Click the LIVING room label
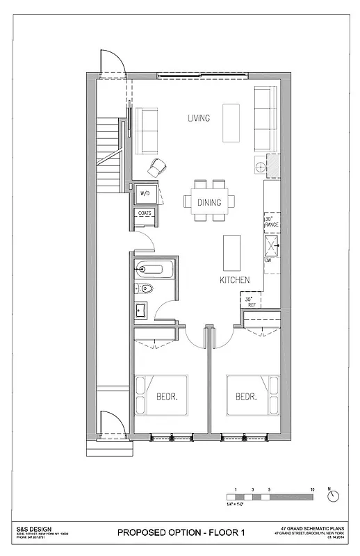tap(199, 118)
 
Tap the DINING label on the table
tap(209, 203)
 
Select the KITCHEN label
tap(234, 280)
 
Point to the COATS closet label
tap(145, 213)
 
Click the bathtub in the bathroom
tap(153, 268)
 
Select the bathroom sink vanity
tap(141, 309)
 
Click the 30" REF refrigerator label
tap(249, 302)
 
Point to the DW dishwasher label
tap(268, 261)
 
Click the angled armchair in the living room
tap(157, 167)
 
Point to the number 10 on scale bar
tap(312, 489)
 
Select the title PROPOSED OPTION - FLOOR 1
tap(181, 532)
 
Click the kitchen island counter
tap(231, 253)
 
